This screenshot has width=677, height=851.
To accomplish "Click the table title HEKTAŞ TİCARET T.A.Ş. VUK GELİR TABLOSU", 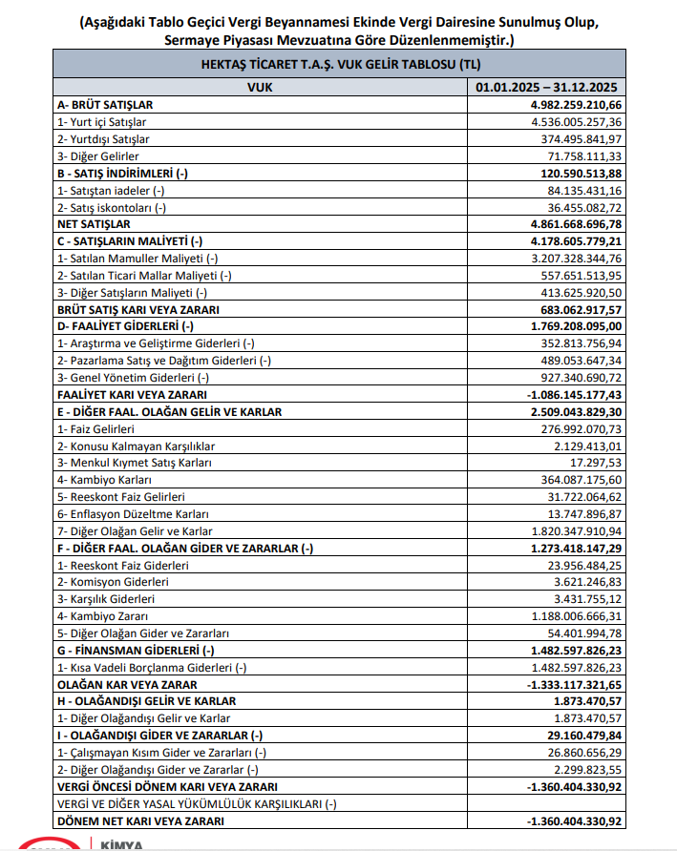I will pos(338,64).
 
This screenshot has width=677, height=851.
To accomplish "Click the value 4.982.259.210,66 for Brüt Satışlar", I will pos(568,105).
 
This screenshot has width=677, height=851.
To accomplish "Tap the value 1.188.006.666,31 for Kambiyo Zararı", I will pos(571,616).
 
